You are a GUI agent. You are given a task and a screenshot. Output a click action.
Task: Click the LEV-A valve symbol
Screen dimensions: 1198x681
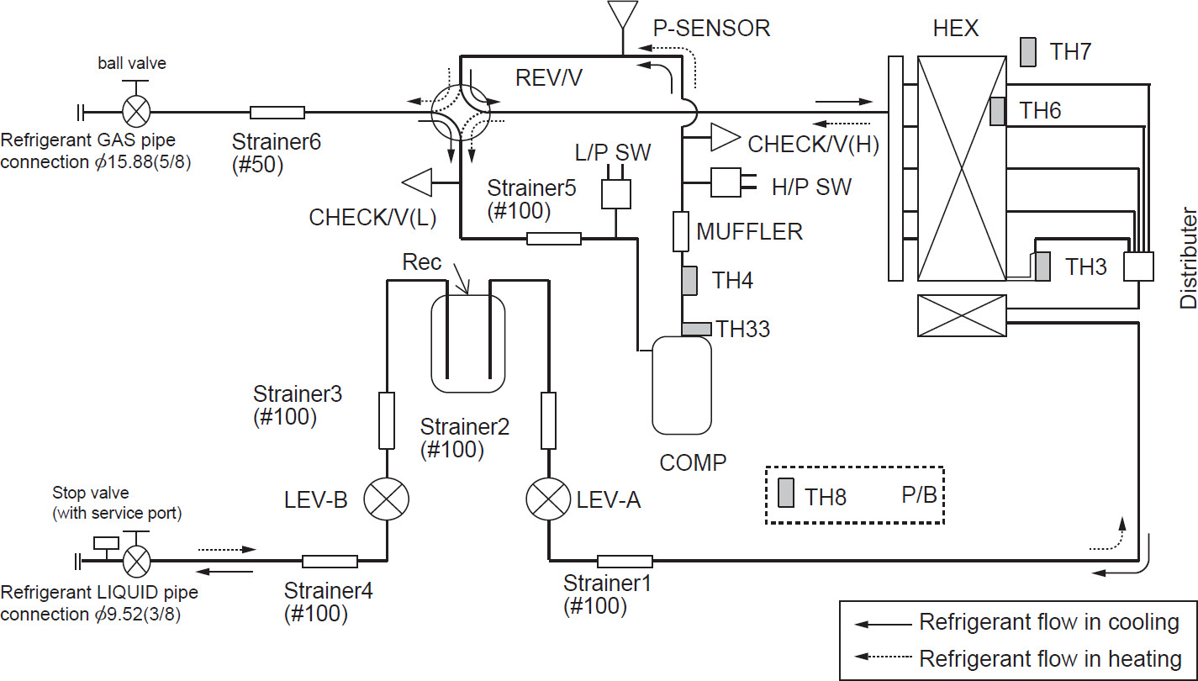[x=548, y=499]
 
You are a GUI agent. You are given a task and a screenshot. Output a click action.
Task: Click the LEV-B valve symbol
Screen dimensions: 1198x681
[x=386, y=499]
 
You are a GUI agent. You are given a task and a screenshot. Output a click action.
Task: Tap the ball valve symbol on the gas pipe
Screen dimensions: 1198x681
[x=136, y=112]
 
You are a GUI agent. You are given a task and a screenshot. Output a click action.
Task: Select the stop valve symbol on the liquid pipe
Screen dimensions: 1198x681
[x=136, y=561]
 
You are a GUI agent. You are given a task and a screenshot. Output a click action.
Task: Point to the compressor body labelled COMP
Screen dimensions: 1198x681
[x=681, y=385]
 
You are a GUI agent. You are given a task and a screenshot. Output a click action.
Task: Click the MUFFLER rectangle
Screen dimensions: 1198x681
[x=681, y=232]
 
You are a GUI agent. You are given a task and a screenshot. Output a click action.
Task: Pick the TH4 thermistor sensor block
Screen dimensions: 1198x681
[x=689, y=281]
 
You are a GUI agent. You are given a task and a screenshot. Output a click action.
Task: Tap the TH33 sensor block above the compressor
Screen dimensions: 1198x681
[x=696, y=329]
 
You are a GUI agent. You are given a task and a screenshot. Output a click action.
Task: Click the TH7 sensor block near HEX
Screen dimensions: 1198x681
[x=1028, y=52]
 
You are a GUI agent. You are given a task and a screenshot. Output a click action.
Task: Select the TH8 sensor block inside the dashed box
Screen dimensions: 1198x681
[x=786, y=493]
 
